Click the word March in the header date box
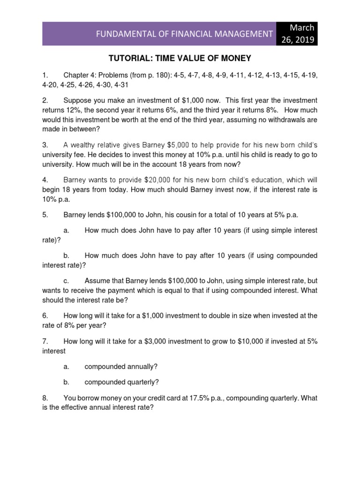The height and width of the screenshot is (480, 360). click(x=303, y=28)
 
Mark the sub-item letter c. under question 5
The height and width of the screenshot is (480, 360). click(x=66, y=281)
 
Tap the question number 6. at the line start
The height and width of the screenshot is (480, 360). click(x=45, y=316)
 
